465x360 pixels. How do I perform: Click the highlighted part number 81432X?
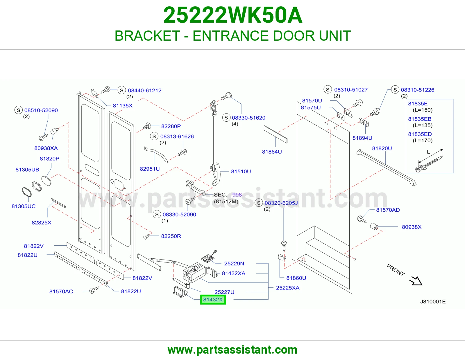click(x=213, y=300)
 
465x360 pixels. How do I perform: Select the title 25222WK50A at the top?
click(x=233, y=15)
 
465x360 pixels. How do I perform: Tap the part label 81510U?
click(x=241, y=172)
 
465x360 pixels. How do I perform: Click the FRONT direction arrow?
click(x=416, y=281)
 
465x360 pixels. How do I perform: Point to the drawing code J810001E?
click(x=433, y=302)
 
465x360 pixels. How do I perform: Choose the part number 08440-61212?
click(x=145, y=90)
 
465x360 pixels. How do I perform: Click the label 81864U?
click(x=272, y=152)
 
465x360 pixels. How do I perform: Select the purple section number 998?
click(x=237, y=195)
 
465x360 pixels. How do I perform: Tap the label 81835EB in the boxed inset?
click(x=420, y=119)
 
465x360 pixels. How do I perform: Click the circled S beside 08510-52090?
click(x=19, y=110)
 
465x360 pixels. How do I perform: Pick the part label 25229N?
click(x=234, y=264)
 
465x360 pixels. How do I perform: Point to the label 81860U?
click(x=296, y=278)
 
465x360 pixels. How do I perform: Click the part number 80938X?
click(x=412, y=227)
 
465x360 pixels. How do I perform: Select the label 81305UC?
click(x=24, y=206)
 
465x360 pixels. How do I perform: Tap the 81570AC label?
click(x=61, y=291)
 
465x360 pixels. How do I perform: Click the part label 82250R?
click(x=171, y=236)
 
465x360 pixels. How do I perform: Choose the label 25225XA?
click(x=288, y=288)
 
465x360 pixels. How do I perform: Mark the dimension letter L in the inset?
click(x=428, y=152)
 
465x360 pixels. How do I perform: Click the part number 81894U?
click(x=362, y=138)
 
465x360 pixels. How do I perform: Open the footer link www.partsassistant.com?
click(x=233, y=350)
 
